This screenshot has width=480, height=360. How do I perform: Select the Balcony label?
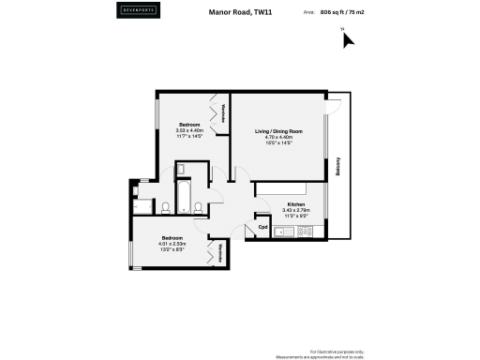pyautogui.click(x=337, y=166)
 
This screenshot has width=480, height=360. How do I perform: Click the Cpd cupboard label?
pyautogui.click(x=263, y=226)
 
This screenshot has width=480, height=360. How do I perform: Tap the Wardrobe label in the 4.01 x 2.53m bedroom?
pyautogui.click(x=220, y=251)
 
